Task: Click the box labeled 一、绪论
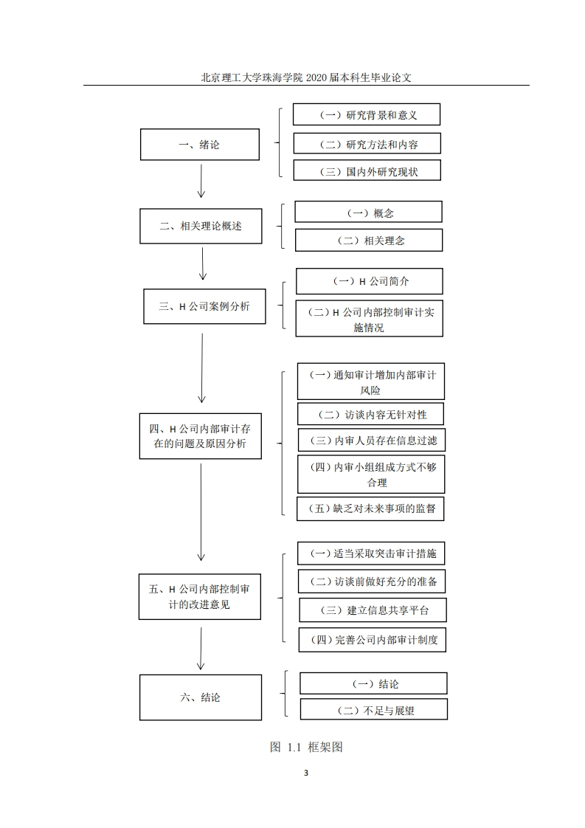coord(200,144)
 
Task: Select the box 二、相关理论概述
coord(201,226)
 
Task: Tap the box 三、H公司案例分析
coord(204,306)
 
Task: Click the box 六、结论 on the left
coord(201,697)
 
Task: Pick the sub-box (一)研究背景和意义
coord(367,114)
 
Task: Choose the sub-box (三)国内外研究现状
coord(367,171)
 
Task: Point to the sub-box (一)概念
coord(369,212)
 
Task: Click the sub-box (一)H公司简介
coord(370,281)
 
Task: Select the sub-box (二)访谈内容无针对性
coord(370,414)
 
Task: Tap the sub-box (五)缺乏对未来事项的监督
coord(370,508)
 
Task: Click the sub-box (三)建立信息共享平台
coord(373,610)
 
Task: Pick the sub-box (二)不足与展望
coord(374,709)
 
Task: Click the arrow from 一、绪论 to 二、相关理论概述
coord(201,181)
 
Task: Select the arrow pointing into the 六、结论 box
coord(201,649)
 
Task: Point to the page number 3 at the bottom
coord(305,773)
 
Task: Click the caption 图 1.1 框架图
coord(306,747)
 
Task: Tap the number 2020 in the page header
coord(316,77)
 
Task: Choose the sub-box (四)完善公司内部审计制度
coord(373,640)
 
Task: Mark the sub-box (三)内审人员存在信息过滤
coord(371,440)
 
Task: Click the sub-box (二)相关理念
coord(369,241)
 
